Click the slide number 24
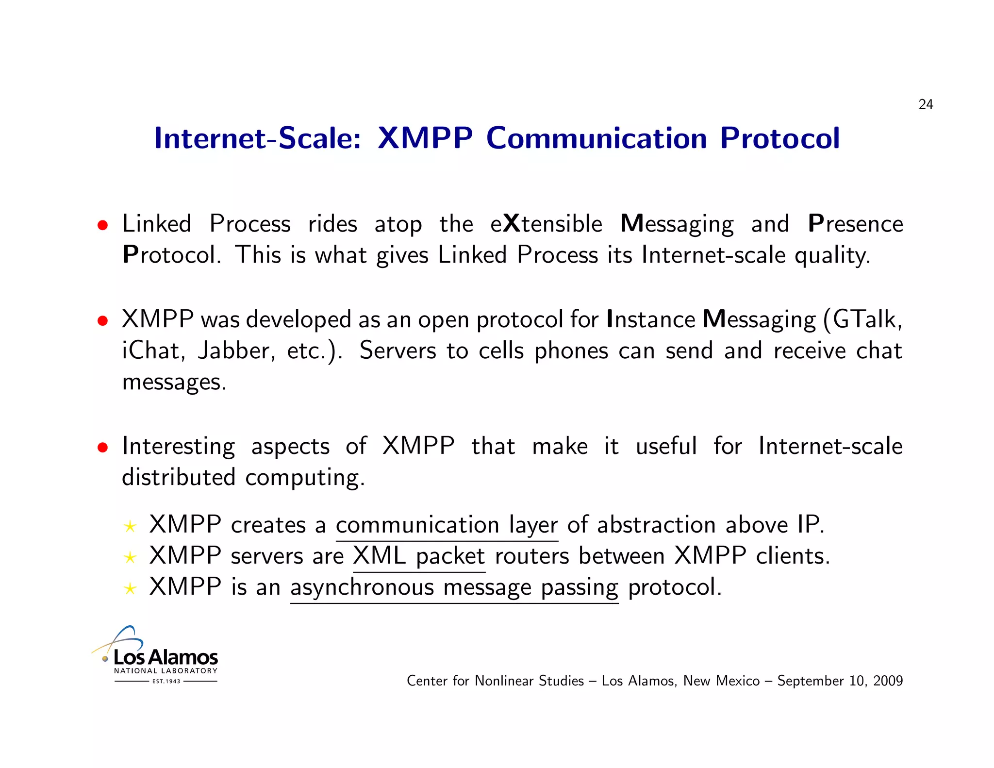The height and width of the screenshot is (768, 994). [x=926, y=104]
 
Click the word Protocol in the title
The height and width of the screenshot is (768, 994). [x=779, y=138]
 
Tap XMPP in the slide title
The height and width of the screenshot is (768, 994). [x=425, y=138]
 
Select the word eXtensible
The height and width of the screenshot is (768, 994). [x=546, y=224]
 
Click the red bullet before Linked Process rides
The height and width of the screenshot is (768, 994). [x=102, y=225]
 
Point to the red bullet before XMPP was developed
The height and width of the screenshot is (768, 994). [x=102, y=321]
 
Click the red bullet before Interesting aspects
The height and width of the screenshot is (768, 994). [x=102, y=447]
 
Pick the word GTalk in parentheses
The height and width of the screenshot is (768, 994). [x=867, y=320]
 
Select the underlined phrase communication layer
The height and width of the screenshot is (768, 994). [x=447, y=526]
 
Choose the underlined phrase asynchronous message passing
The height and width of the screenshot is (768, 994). [x=454, y=588]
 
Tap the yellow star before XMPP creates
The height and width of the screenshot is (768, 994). [x=130, y=527]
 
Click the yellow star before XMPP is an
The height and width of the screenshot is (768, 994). [x=130, y=589]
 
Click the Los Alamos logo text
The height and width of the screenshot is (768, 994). [x=166, y=658]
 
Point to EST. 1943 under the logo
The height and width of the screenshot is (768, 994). [x=166, y=682]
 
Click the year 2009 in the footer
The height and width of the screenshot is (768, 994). [x=888, y=681]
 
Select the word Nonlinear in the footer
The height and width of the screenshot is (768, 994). [x=505, y=681]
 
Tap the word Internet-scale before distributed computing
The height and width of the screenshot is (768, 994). [x=830, y=446]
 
